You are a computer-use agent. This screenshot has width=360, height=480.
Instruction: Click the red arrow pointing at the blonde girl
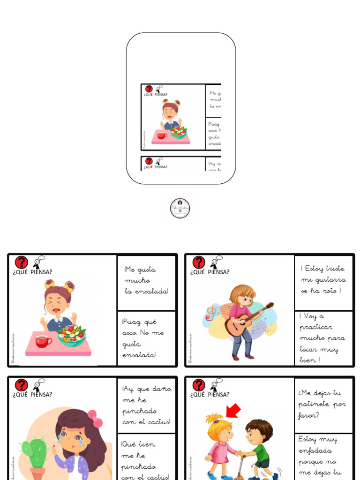(x=233, y=411)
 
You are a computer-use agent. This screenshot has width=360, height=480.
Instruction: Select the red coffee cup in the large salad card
(x=43, y=341)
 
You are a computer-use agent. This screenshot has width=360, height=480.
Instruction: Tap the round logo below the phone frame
(x=180, y=209)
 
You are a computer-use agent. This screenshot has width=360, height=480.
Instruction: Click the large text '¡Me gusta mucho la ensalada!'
(x=146, y=280)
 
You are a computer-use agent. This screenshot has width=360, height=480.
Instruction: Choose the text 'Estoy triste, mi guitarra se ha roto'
(x=323, y=280)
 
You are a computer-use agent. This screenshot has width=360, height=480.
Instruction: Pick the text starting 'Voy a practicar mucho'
(x=322, y=338)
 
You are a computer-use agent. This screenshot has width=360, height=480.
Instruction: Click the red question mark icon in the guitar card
(x=199, y=262)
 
